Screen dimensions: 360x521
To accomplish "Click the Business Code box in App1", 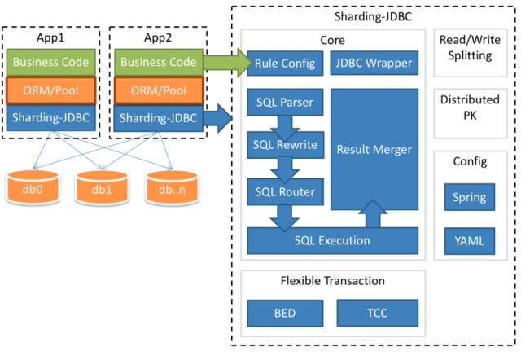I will coord(52,63).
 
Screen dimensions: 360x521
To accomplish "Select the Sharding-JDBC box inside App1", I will coord(52,117).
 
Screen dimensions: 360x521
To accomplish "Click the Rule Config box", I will coord(283,63).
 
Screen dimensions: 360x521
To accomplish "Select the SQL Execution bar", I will coord(332,240).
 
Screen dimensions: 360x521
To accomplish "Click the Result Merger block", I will coord(374,150).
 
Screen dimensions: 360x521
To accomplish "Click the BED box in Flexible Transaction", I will coord(285,313).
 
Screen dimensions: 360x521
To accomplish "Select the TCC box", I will coord(376,313).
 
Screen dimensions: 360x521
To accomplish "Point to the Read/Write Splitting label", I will coord(466,48).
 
